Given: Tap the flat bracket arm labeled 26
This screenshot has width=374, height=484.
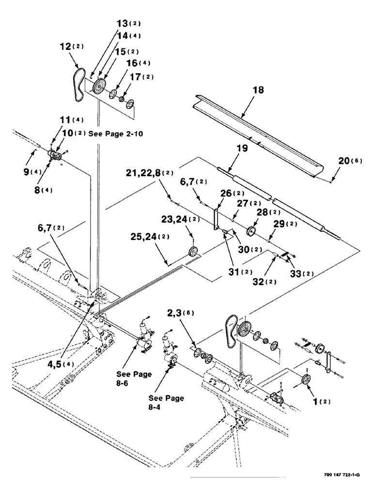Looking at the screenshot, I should tap(217, 218).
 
